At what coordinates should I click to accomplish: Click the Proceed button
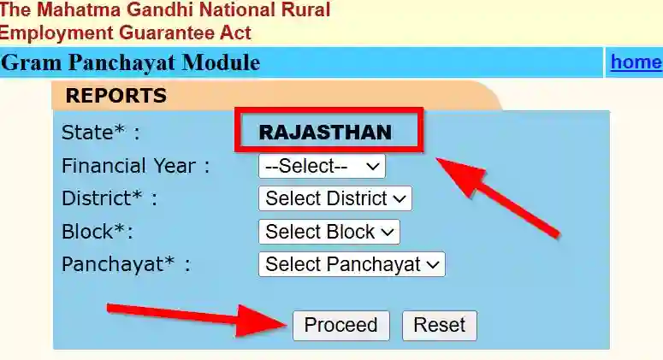340,326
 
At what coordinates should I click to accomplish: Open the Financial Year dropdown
322,166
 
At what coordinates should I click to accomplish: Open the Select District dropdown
334,198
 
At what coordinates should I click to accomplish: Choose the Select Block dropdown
329,232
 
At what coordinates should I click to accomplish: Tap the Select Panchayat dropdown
352,264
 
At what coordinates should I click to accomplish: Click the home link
636,62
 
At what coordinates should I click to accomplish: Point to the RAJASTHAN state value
325,133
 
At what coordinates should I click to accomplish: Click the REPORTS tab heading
115,96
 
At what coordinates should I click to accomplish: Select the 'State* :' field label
100,133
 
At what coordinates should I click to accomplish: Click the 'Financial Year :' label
135,166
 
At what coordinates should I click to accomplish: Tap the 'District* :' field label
110,198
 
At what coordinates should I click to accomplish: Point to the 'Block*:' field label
98,232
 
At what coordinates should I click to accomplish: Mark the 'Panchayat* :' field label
126,264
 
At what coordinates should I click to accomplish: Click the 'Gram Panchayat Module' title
131,63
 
